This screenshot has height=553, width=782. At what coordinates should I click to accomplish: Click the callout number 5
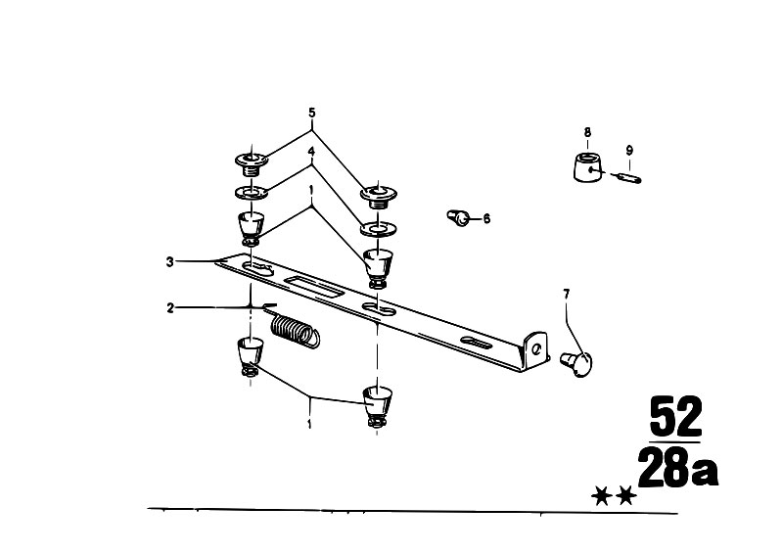(311, 113)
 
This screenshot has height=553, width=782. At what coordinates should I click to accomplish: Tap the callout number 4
(311, 152)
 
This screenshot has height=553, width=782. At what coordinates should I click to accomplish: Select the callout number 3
(170, 261)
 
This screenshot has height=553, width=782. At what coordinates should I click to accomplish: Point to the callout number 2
(170, 307)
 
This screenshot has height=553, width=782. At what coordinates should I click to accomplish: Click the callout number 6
(486, 218)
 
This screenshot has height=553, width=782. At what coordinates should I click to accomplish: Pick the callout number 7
(566, 295)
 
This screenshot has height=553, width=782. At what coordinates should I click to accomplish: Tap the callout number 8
(587, 133)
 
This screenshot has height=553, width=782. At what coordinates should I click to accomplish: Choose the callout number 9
(629, 150)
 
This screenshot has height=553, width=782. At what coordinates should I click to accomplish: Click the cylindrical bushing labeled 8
(587, 167)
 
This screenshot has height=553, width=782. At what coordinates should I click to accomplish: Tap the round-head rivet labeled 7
(577, 363)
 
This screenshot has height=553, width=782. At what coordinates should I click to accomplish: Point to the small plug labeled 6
(458, 217)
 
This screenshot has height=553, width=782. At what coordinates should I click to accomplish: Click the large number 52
(675, 416)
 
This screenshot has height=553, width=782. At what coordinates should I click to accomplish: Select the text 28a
(678, 467)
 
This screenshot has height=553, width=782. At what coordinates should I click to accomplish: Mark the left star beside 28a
(602, 496)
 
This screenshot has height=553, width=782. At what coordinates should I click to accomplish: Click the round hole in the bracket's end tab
(536, 349)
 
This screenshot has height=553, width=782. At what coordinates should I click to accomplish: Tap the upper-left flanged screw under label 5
(252, 163)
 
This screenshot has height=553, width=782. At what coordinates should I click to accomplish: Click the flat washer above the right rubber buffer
(379, 229)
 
